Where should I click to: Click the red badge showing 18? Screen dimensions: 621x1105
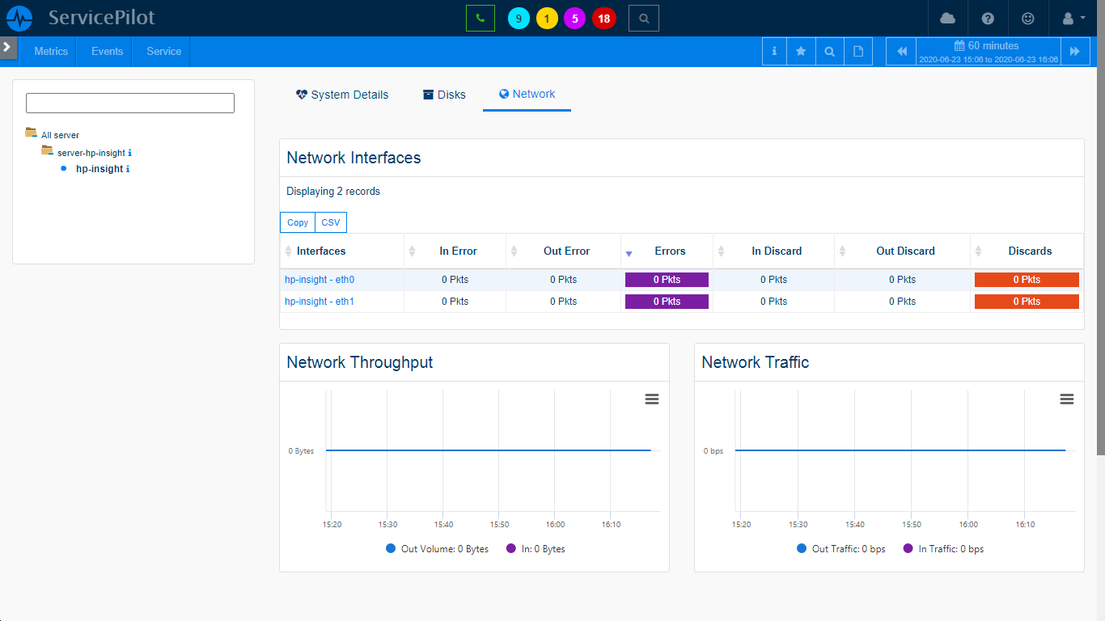603,19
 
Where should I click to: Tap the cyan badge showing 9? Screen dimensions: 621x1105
519,19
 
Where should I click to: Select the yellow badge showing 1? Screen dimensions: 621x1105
547,19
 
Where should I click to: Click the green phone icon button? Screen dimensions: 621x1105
480,18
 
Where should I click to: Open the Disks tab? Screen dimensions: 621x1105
444,95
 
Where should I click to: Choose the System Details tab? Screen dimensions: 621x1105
342,95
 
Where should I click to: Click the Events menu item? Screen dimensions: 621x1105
107,51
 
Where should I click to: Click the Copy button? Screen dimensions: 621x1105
298,222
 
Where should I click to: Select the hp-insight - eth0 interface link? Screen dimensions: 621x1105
320,280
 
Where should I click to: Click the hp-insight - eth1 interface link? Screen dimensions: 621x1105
320,302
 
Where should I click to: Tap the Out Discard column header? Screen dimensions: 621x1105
905,251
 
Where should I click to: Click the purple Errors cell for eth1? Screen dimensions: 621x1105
667,302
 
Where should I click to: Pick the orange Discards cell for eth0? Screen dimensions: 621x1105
1027,280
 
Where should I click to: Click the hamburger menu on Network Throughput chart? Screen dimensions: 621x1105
652,399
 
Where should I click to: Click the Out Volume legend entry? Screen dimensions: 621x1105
444,549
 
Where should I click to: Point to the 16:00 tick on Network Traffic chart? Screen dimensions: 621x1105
968,525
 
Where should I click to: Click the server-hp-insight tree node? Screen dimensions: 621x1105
91,153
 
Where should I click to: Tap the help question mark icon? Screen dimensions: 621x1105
988,19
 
